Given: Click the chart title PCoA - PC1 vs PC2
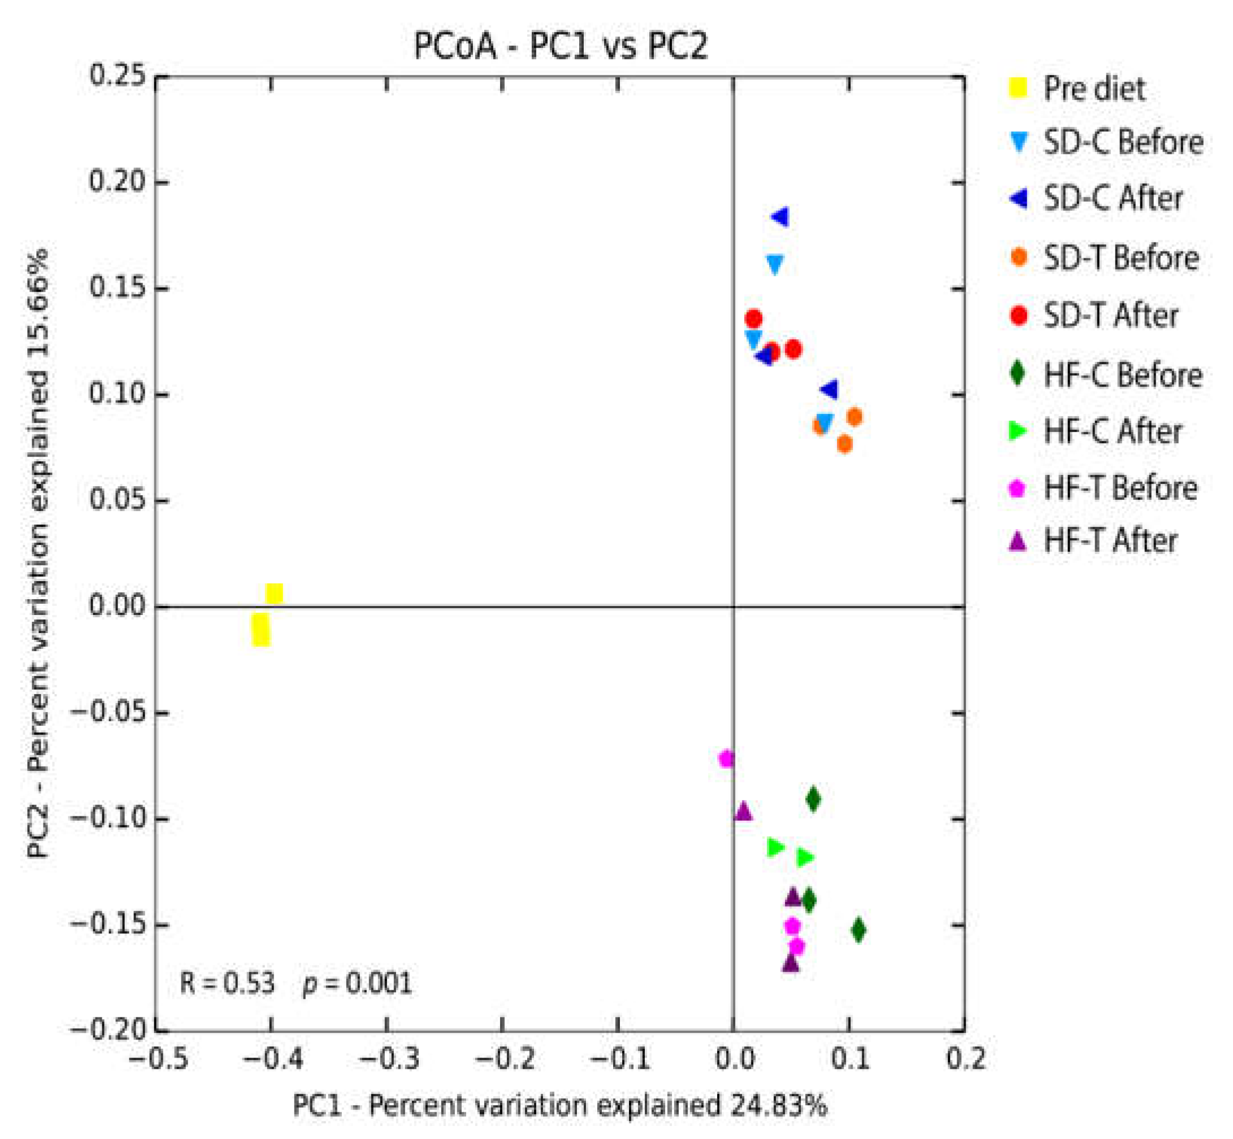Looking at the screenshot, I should point(560,46).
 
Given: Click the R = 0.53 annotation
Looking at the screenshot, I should point(227,982).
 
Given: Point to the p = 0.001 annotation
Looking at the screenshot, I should point(357,982).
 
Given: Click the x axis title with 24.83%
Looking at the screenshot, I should point(559,1105).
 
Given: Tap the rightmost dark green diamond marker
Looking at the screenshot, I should point(858,930).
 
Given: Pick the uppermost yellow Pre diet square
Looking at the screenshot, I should point(274,594).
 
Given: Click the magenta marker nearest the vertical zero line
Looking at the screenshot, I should point(727,759).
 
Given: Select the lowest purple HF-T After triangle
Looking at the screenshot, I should point(791,963).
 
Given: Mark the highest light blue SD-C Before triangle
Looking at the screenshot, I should point(775,265).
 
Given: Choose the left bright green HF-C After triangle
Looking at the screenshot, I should point(775,847).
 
